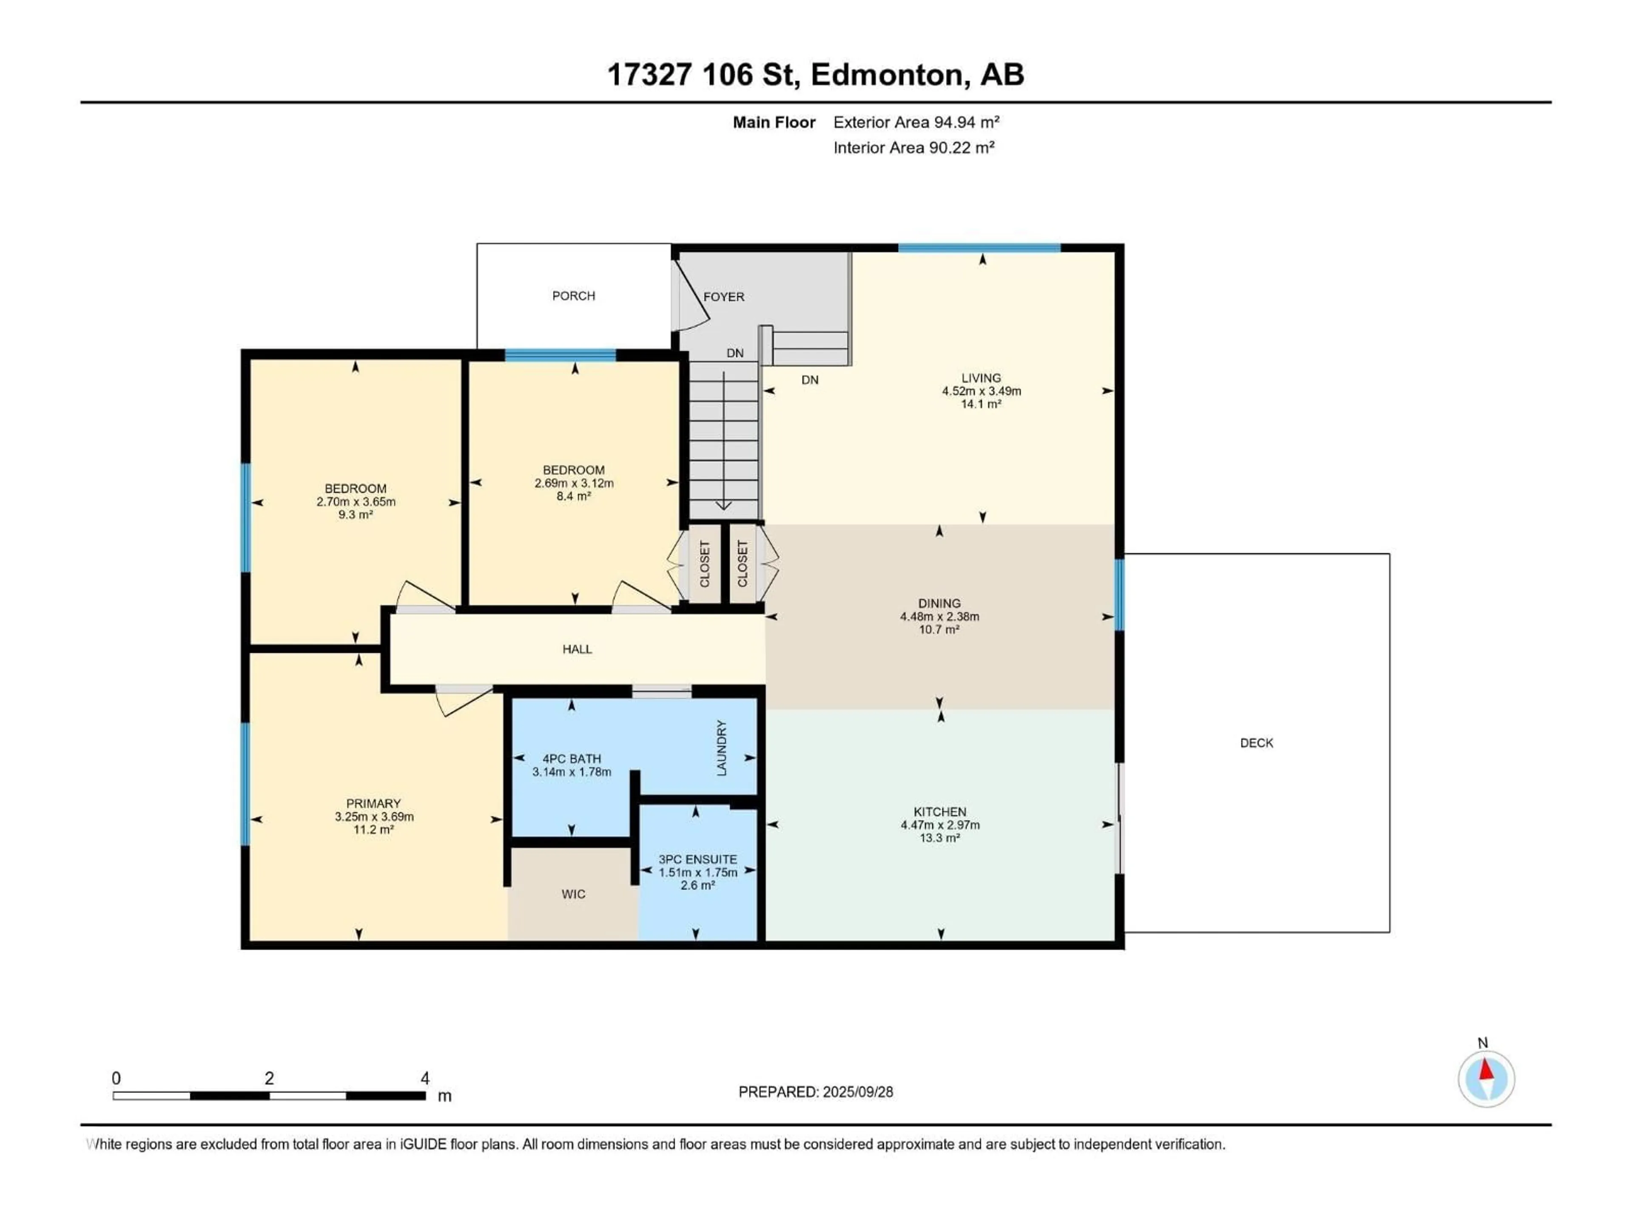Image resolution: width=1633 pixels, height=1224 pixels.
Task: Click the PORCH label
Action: tap(574, 296)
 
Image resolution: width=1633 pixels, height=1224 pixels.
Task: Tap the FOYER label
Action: tap(723, 297)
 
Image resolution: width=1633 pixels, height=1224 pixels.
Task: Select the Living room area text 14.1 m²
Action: tap(981, 404)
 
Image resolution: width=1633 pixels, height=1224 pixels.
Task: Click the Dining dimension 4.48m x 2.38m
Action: tap(939, 617)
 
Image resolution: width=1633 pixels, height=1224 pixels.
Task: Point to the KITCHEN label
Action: tap(940, 812)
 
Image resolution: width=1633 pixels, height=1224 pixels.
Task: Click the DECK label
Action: tap(1257, 743)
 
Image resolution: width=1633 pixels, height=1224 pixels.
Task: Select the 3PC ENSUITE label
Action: tap(698, 859)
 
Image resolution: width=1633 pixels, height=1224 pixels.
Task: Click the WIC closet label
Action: tap(574, 894)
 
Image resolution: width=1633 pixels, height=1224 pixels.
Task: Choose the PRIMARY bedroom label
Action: tap(373, 803)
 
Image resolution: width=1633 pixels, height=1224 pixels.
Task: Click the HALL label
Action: tap(578, 649)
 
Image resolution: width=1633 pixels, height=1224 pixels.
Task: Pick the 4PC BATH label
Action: tap(572, 759)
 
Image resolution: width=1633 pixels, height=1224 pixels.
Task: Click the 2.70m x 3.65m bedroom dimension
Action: tap(356, 501)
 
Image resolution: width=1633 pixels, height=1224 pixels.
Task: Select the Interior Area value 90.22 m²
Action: tap(961, 147)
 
